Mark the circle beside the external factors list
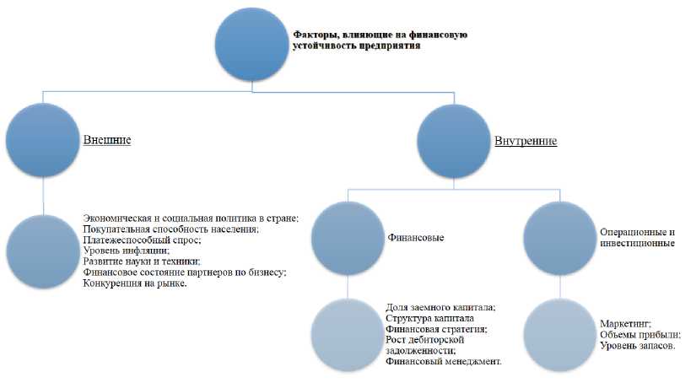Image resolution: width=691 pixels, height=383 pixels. coord(45,251)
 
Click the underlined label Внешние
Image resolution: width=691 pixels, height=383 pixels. coord(106,139)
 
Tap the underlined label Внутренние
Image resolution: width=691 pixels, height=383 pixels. coord(526,141)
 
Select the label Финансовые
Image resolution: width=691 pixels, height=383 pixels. coord(416,239)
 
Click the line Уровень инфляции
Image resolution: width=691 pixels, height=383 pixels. coord(126,251)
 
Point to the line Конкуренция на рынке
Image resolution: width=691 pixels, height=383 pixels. coord(135,283)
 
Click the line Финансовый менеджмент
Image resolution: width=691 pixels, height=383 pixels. coord(444,361)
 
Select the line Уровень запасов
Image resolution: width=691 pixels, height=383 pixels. coord(638,346)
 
